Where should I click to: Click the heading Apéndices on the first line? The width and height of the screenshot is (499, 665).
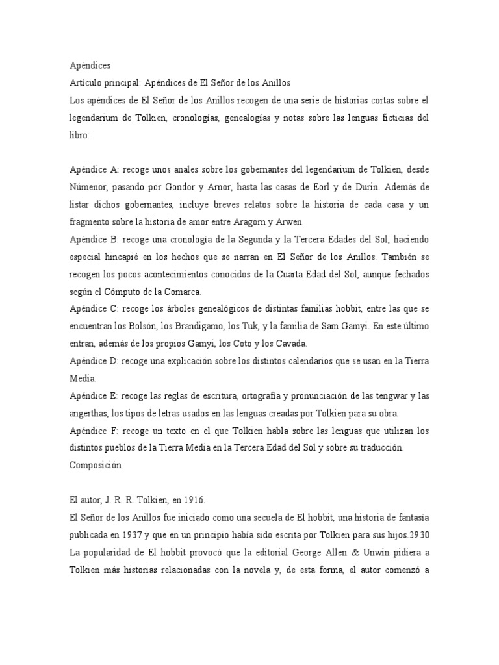coord(90,66)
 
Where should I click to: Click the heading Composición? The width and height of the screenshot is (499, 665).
coord(94,465)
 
